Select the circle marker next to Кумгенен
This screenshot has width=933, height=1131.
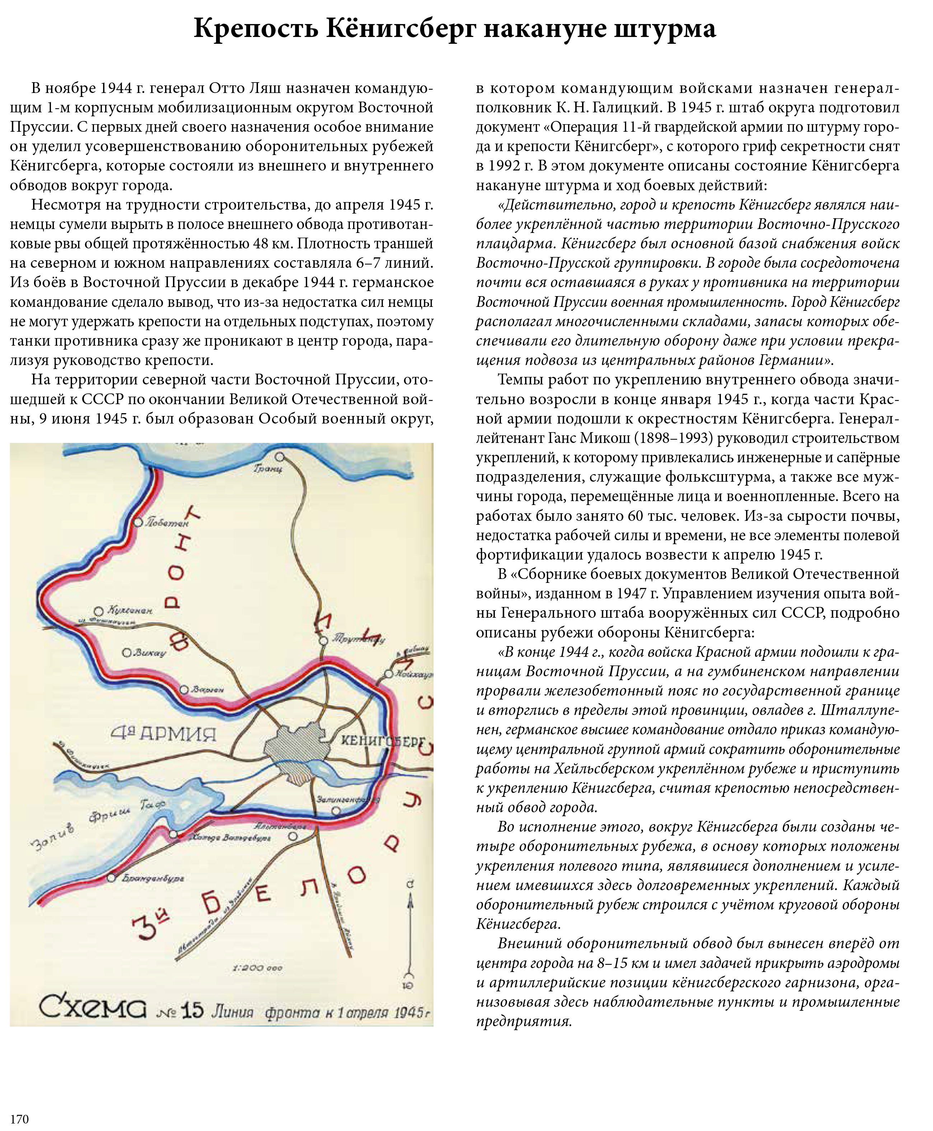tap(98, 611)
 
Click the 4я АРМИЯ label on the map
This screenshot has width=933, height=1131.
tap(163, 733)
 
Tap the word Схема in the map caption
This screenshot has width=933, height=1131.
tap(93, 1009)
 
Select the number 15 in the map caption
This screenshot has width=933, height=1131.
tap(192, 1011)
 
